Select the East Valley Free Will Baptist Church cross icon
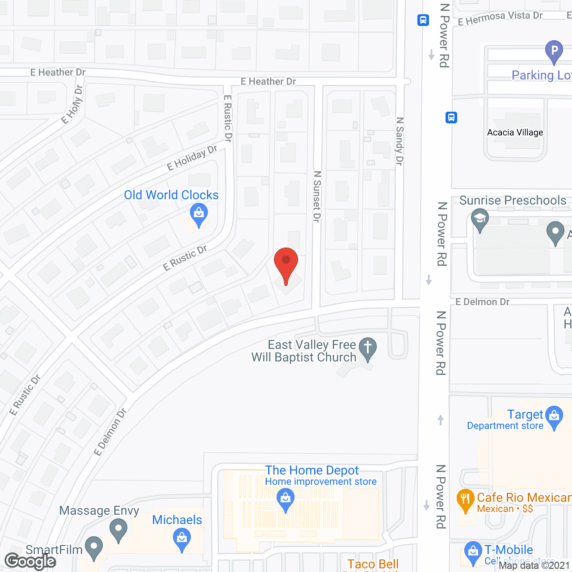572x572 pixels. pos(368,348)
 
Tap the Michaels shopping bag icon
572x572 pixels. pos(182,539)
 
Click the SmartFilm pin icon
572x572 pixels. pos(94,547)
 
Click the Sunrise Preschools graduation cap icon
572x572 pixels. pos(479,220)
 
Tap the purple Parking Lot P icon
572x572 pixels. pos(554,51)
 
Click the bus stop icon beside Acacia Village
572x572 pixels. pos(451,118)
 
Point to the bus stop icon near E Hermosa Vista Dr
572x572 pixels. pos(423,20)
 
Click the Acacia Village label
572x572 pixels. pos(515,132)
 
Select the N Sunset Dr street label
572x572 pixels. pos(317,196)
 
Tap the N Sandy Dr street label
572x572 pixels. pos(400,141)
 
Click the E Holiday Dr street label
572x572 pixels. pos(192,157)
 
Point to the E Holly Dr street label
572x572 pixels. pos(72,105)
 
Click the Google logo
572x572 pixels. pos(30,561)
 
